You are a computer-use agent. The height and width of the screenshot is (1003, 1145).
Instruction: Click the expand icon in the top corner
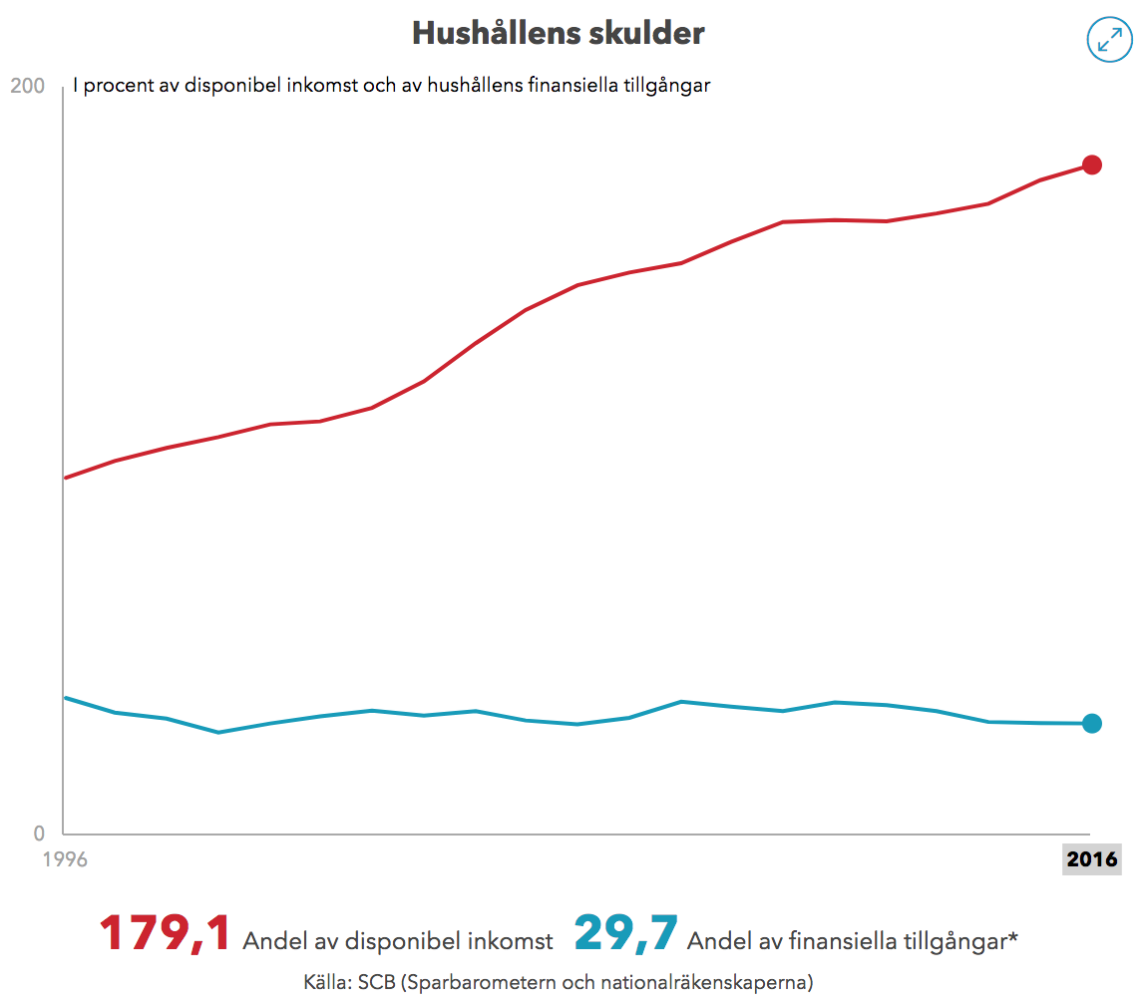(1108, 39)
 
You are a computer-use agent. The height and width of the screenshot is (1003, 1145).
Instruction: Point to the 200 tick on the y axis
(27, 87)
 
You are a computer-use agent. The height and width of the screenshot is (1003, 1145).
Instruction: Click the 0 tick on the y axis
(38, 834)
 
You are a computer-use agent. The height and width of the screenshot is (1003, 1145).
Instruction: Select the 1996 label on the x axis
(65, 859)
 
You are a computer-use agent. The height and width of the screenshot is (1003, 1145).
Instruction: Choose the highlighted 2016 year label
(1092, 859)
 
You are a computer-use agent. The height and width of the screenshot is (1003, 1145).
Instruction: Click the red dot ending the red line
(1092, 165)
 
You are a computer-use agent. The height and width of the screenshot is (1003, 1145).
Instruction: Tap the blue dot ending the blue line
(1092, 724)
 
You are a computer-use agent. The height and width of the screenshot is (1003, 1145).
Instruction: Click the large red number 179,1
(165, 934)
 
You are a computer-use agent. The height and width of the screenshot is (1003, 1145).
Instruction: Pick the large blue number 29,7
(625, 934)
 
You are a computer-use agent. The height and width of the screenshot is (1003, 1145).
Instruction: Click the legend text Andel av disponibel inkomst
(397, 941)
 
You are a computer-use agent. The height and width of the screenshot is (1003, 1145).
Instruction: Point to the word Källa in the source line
(325, 982)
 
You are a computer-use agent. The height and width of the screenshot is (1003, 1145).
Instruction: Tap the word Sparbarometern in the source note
(474, 982)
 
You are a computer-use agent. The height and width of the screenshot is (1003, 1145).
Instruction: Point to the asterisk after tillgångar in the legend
(1013, 937)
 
